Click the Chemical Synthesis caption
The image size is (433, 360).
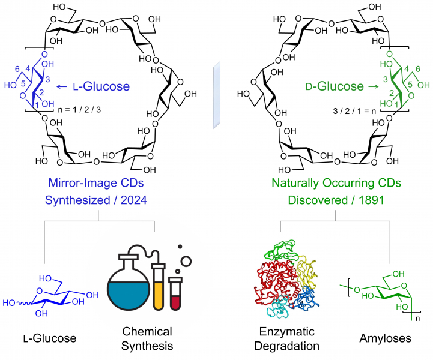click(x=147, y=338)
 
